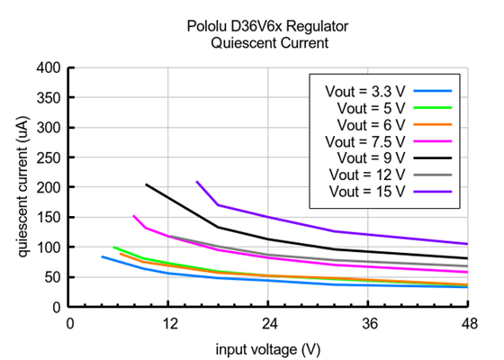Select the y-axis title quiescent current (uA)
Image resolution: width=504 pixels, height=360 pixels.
[x=21, y=186]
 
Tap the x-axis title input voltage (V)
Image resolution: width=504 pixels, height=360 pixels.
[x=267, y=348]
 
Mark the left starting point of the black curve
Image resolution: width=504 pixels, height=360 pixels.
[x=146, y=184]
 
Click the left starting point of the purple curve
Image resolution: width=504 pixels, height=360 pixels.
[x=196, y=182]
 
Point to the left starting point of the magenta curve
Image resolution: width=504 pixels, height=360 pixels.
[x=133, y=215]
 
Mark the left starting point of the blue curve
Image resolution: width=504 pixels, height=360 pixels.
[x=102, y=256]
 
